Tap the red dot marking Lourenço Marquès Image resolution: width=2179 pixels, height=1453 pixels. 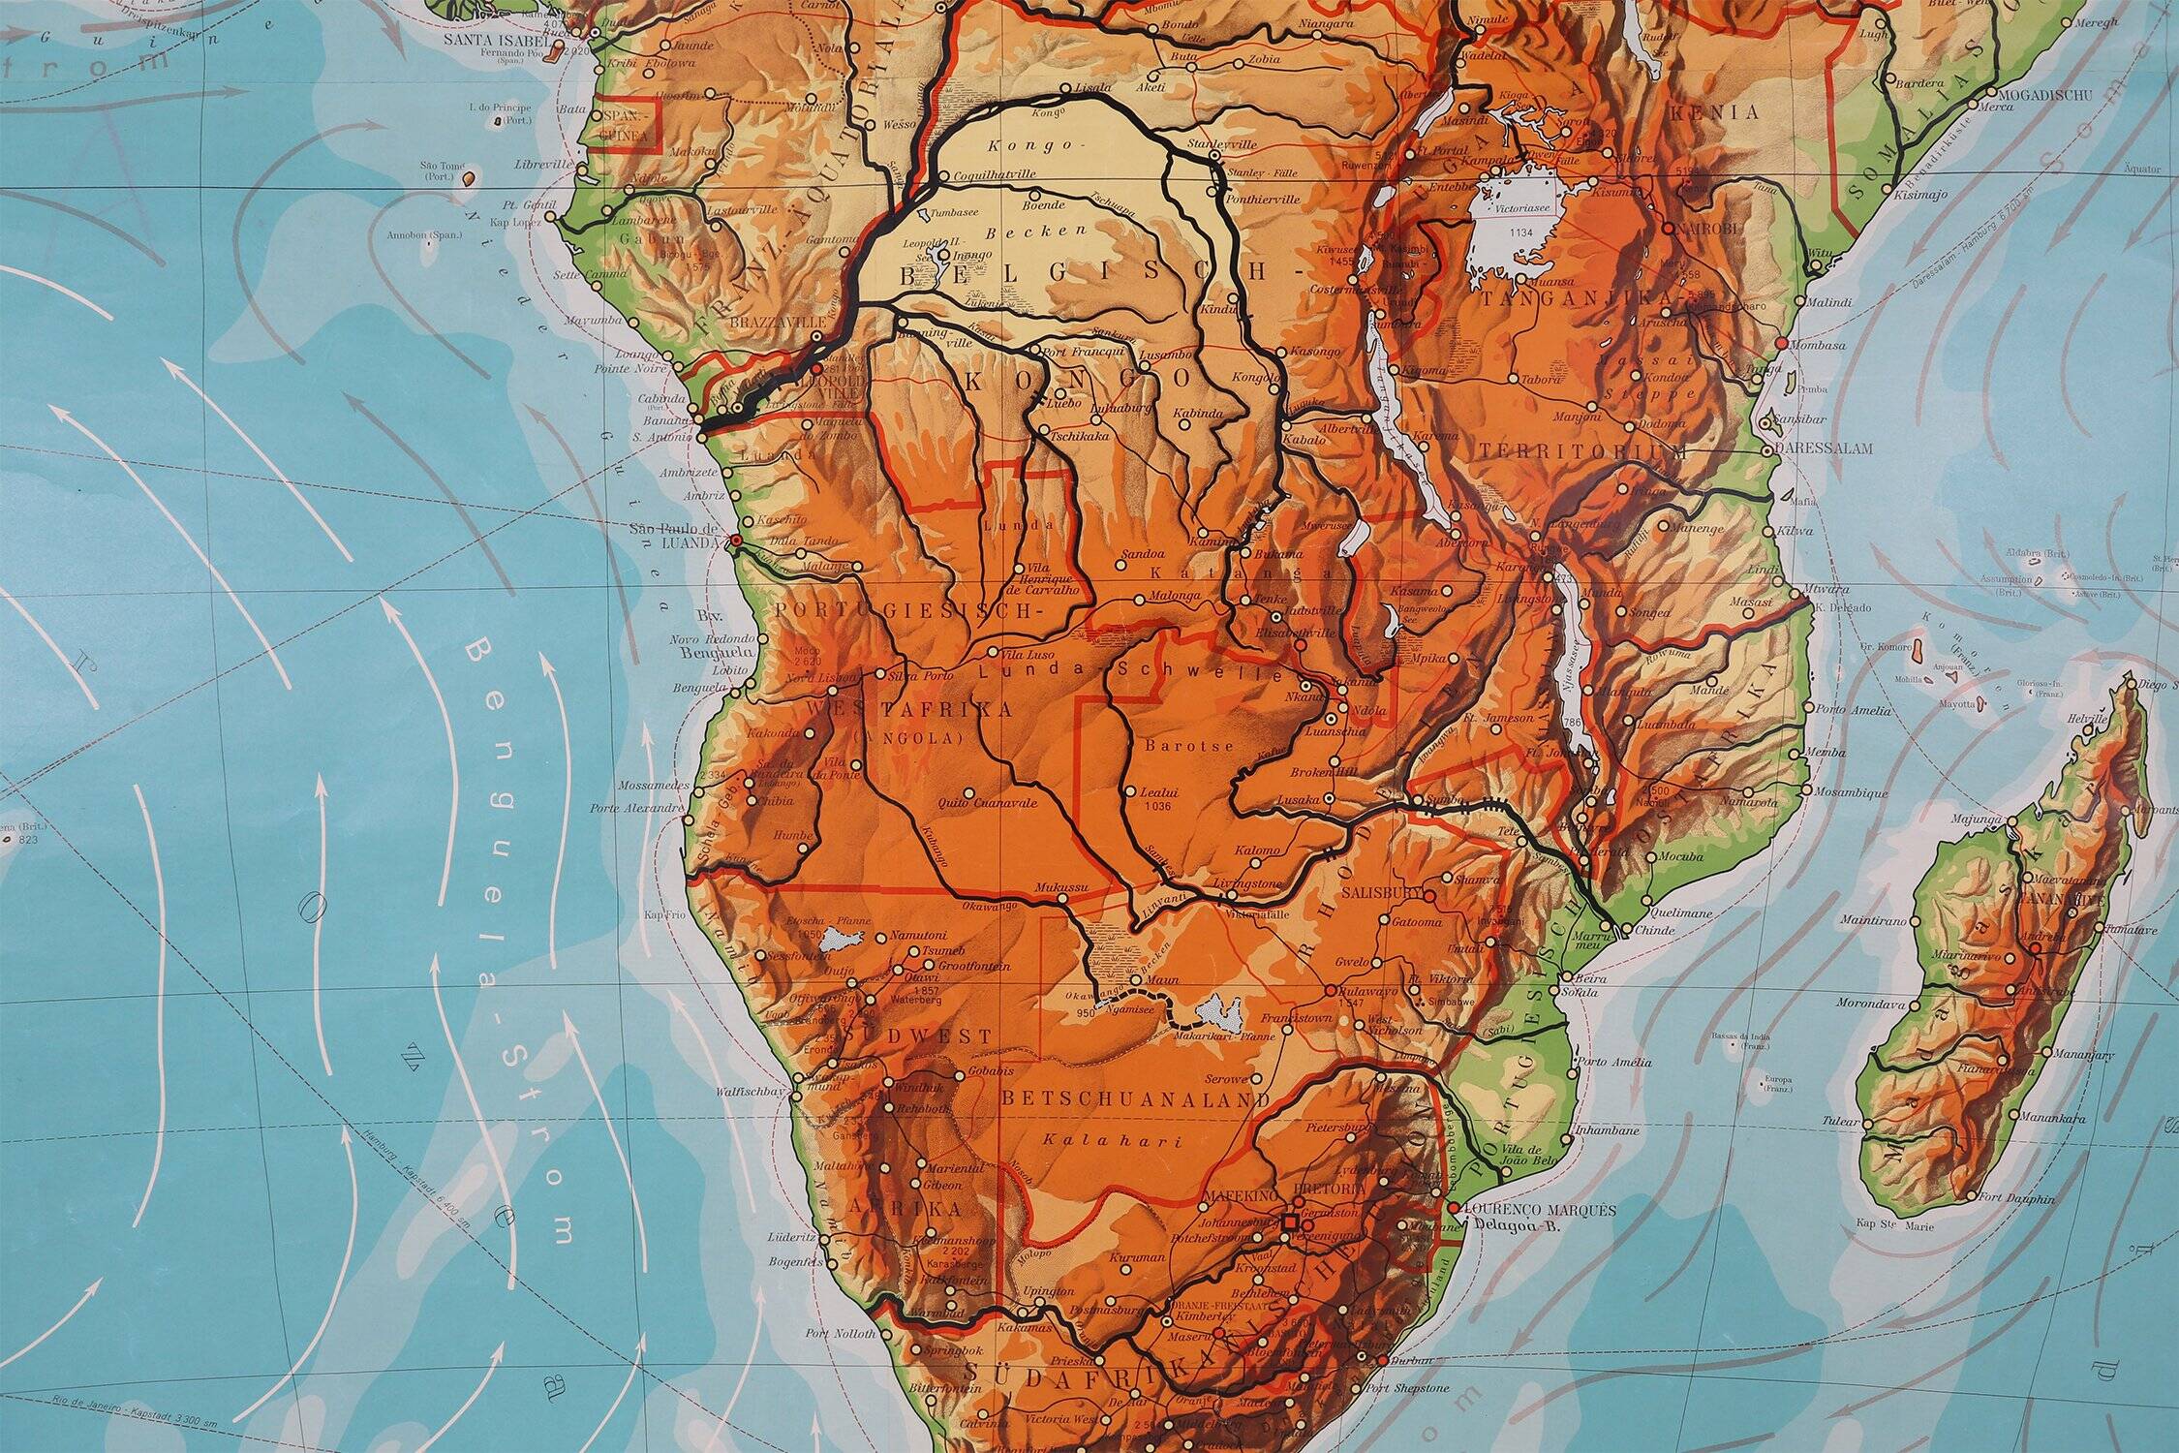point(1452,1208)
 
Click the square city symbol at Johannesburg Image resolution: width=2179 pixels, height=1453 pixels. point(1290,1224)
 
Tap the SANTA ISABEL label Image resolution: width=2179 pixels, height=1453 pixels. point(503,42)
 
